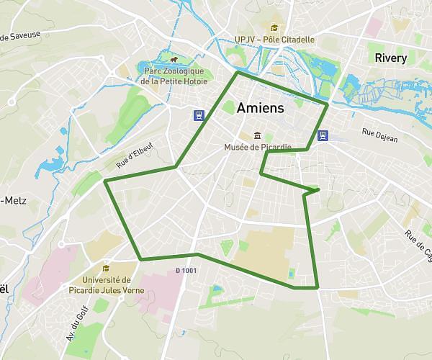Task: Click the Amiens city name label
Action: [260, 107]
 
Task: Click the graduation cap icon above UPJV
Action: [274, 27]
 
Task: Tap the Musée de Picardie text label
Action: [257, 148]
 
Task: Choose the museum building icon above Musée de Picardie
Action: [257, 135]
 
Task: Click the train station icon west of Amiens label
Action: [197, 114]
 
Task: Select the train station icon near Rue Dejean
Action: [324, 135]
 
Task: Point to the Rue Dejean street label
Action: [379, 132]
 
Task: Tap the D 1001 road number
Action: [186, 271]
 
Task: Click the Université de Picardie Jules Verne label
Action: [113, 285]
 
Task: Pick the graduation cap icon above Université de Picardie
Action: [107, 268]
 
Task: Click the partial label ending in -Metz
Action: [13, 200]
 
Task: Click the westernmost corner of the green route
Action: [105, 181]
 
